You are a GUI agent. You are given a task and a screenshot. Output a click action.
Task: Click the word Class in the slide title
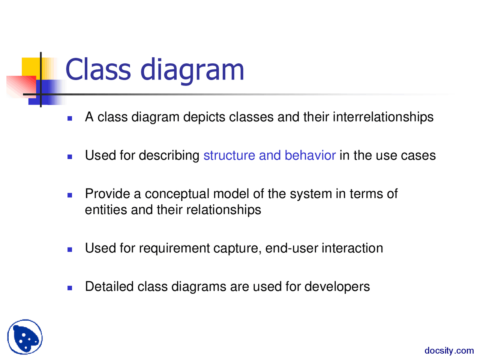(98, 69)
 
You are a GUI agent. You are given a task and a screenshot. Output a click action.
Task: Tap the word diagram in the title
(192, 71)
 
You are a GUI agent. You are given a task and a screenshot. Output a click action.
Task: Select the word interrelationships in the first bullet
(383, 117)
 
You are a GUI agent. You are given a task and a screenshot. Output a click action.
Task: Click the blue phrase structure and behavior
(269, 155)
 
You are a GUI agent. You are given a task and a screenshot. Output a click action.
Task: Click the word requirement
(174, 248)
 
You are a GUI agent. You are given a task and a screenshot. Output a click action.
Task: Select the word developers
(337, 287)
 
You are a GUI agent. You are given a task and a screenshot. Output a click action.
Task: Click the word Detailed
(109, 286)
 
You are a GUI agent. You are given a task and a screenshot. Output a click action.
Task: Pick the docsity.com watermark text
(449, 351)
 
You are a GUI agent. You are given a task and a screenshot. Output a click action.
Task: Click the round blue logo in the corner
(25, 337)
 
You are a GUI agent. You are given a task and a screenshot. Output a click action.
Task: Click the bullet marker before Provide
(70, 195)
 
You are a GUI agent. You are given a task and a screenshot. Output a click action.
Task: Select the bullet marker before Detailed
(70, 288)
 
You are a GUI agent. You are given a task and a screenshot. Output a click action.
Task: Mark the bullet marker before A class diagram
(70, 118)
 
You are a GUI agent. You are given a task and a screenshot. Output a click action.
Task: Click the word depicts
(204, 117)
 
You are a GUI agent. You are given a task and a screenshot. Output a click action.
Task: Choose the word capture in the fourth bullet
(237, 249)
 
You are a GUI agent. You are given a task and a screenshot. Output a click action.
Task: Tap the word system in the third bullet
(311, 194)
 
